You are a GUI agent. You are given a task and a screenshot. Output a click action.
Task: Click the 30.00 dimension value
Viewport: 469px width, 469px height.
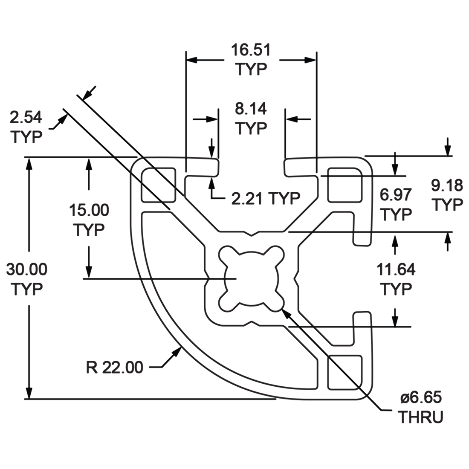click(x=27, y=269)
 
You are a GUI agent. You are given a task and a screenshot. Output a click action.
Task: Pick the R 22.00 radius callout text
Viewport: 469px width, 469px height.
click(x=115, y=367)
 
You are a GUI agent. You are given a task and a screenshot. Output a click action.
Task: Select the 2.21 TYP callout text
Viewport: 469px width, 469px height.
click(x=266, y=198)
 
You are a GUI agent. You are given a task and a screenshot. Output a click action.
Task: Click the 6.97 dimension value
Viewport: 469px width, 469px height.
click(x=396, y=195)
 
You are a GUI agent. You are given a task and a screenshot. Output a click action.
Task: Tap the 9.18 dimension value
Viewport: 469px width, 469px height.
click(x=447, y=186)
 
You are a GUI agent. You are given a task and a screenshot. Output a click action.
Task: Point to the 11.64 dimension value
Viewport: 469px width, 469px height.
click(x=396, y=269)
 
